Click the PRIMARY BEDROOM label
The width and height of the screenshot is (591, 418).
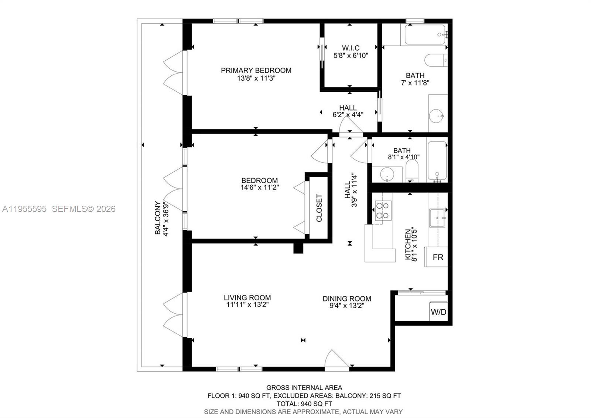(x=256, y=70)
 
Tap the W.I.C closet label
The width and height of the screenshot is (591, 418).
(x=351, y=48)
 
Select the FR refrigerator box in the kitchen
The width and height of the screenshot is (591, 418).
(x=438, y=257)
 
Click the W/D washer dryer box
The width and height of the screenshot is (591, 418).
(x=438, y=312)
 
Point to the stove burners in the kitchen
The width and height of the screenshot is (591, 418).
(x=383, y=210)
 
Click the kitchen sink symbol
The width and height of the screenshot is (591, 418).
(x=437, y=218)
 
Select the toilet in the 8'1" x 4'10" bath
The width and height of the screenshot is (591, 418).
(x=411, y=172)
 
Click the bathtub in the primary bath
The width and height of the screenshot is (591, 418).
(x=425, y=34)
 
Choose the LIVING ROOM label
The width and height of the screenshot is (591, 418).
(x=247, y=298)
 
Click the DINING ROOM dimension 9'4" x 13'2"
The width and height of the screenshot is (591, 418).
(x=346, y=306)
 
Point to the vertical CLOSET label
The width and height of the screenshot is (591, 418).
(x=319, y=208)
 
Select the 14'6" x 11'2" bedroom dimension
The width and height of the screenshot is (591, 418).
(x=259, y=188)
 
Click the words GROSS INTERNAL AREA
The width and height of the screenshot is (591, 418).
(x=304, y=388)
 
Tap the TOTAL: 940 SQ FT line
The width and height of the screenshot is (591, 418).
(x=304, y=404)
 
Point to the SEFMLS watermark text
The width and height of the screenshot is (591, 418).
(x=83, y=209)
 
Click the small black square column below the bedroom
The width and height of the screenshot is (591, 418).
(x=298, y=248)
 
